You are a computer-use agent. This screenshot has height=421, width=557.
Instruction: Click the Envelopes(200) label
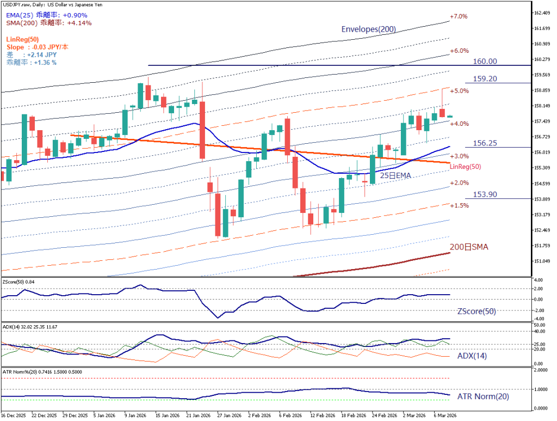pyautogui.click(x=368, y=29)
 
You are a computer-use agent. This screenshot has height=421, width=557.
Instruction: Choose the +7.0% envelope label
pyautogui.click(x=459, y=16)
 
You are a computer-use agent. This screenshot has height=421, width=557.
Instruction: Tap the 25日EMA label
pyautogui.click(x=395, y=175)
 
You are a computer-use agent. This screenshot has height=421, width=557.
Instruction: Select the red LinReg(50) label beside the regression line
pyautogui.click(x=466, y=166)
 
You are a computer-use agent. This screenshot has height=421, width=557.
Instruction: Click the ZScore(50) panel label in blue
pyautogui.click(x=476, y=312)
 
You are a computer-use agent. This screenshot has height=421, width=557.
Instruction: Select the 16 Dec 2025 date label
pyautogui.click(x=14, y=414)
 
